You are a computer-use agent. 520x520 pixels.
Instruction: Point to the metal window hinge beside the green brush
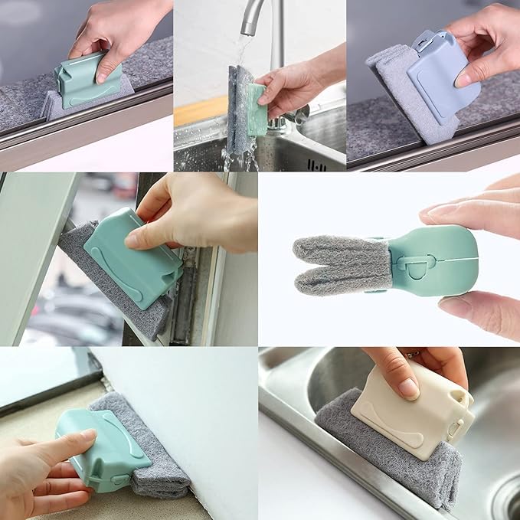[x=184, y=299]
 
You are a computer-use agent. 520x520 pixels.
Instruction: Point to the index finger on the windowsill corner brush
[x=69, y=443]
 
